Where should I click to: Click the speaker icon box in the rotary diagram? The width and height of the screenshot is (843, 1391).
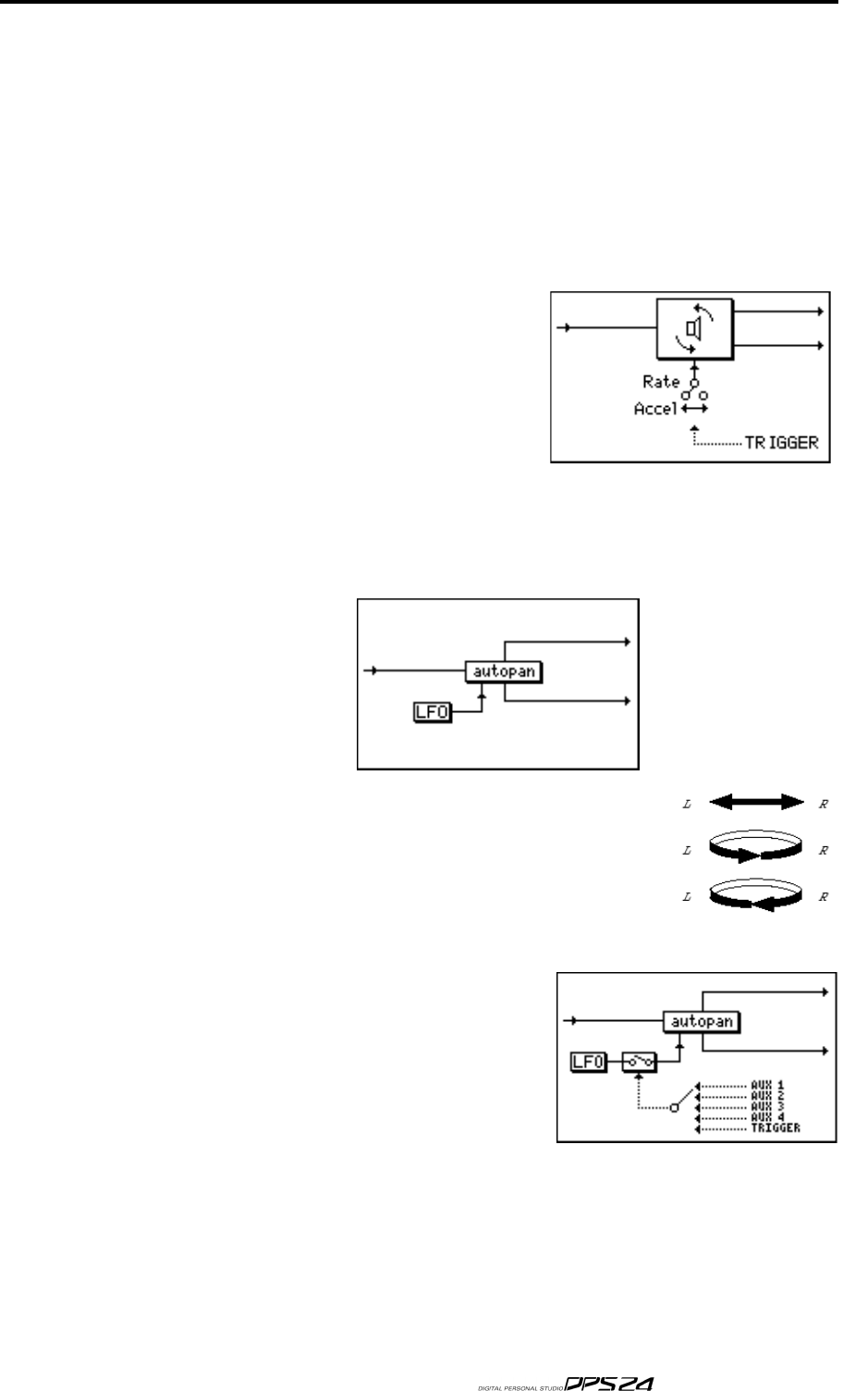click(x=693, y=329)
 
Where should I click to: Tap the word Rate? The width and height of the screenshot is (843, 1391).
click(x=661, y=381)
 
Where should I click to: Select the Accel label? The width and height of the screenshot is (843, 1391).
click(x=655, y=408)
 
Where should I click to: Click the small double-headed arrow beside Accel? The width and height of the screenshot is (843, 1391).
click(x=694, y=408)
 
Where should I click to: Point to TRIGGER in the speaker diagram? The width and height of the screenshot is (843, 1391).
click(x=781, y=443)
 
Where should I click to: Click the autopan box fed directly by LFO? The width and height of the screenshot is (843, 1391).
click(x=503, y=671)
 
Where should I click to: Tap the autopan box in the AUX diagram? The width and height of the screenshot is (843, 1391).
click(x=702, y=1022)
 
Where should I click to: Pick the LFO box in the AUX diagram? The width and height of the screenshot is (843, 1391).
click(x=588, y=1063)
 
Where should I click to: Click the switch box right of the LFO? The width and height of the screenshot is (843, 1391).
click(x=639, y=1063)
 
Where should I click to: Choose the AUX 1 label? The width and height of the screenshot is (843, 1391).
click(x=769, y=1083)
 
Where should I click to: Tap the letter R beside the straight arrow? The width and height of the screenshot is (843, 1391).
click(x=825, y=804)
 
